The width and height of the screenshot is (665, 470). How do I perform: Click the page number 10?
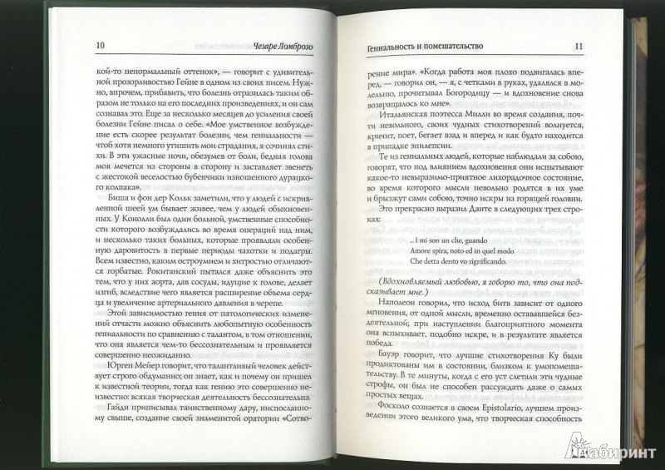101,45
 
